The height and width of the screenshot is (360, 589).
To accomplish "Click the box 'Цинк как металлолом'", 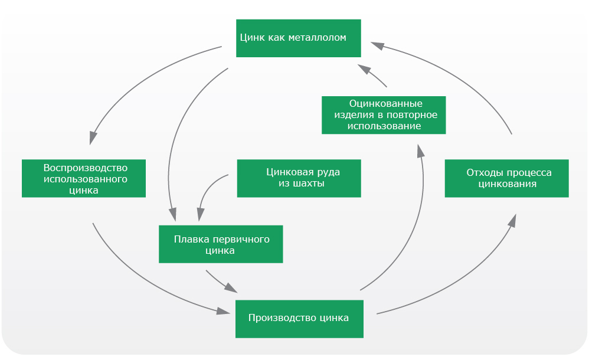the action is click(299, 38).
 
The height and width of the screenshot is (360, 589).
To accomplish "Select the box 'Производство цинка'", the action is click(299, 319).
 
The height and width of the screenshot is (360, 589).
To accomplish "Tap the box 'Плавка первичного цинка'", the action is click(221, 244).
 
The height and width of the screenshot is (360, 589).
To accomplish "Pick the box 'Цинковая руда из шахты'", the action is click(299, 178).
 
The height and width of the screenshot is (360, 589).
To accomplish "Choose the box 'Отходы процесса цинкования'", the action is click(507, 178).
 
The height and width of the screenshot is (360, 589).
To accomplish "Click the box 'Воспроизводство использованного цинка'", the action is click(84, 178).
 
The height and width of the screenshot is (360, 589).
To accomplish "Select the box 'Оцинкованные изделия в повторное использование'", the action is click(384, 115).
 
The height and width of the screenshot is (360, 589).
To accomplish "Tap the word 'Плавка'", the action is click(188, 240).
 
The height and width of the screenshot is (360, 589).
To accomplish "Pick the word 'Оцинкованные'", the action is click(386, 104).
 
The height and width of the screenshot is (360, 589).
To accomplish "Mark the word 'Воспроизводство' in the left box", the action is click(85, 168).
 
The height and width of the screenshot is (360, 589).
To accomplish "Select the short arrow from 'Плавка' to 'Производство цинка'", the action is click(221, 281).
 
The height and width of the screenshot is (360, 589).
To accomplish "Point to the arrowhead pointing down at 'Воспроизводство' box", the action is click(93, 138).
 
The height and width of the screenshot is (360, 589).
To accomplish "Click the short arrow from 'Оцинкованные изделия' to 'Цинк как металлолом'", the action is click(372, 74).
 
